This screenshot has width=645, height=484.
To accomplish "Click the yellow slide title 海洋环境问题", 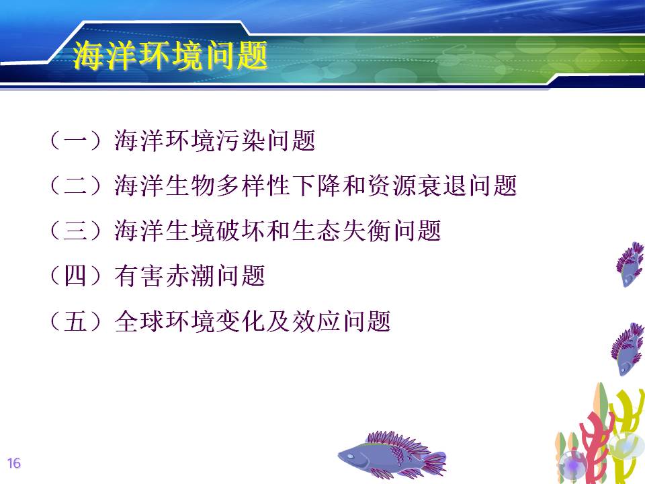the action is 170,55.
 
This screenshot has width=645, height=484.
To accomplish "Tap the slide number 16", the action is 13,463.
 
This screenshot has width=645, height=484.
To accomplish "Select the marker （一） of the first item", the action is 75,140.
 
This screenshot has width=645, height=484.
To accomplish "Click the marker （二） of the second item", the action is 75,186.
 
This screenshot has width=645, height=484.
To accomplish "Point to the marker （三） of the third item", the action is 75,231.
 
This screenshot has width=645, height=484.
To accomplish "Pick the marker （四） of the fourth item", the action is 75,276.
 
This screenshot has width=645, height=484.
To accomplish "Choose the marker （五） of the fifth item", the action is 75,321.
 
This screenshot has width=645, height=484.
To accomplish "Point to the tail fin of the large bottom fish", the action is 435,462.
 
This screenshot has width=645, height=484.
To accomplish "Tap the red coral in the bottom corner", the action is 593,448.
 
